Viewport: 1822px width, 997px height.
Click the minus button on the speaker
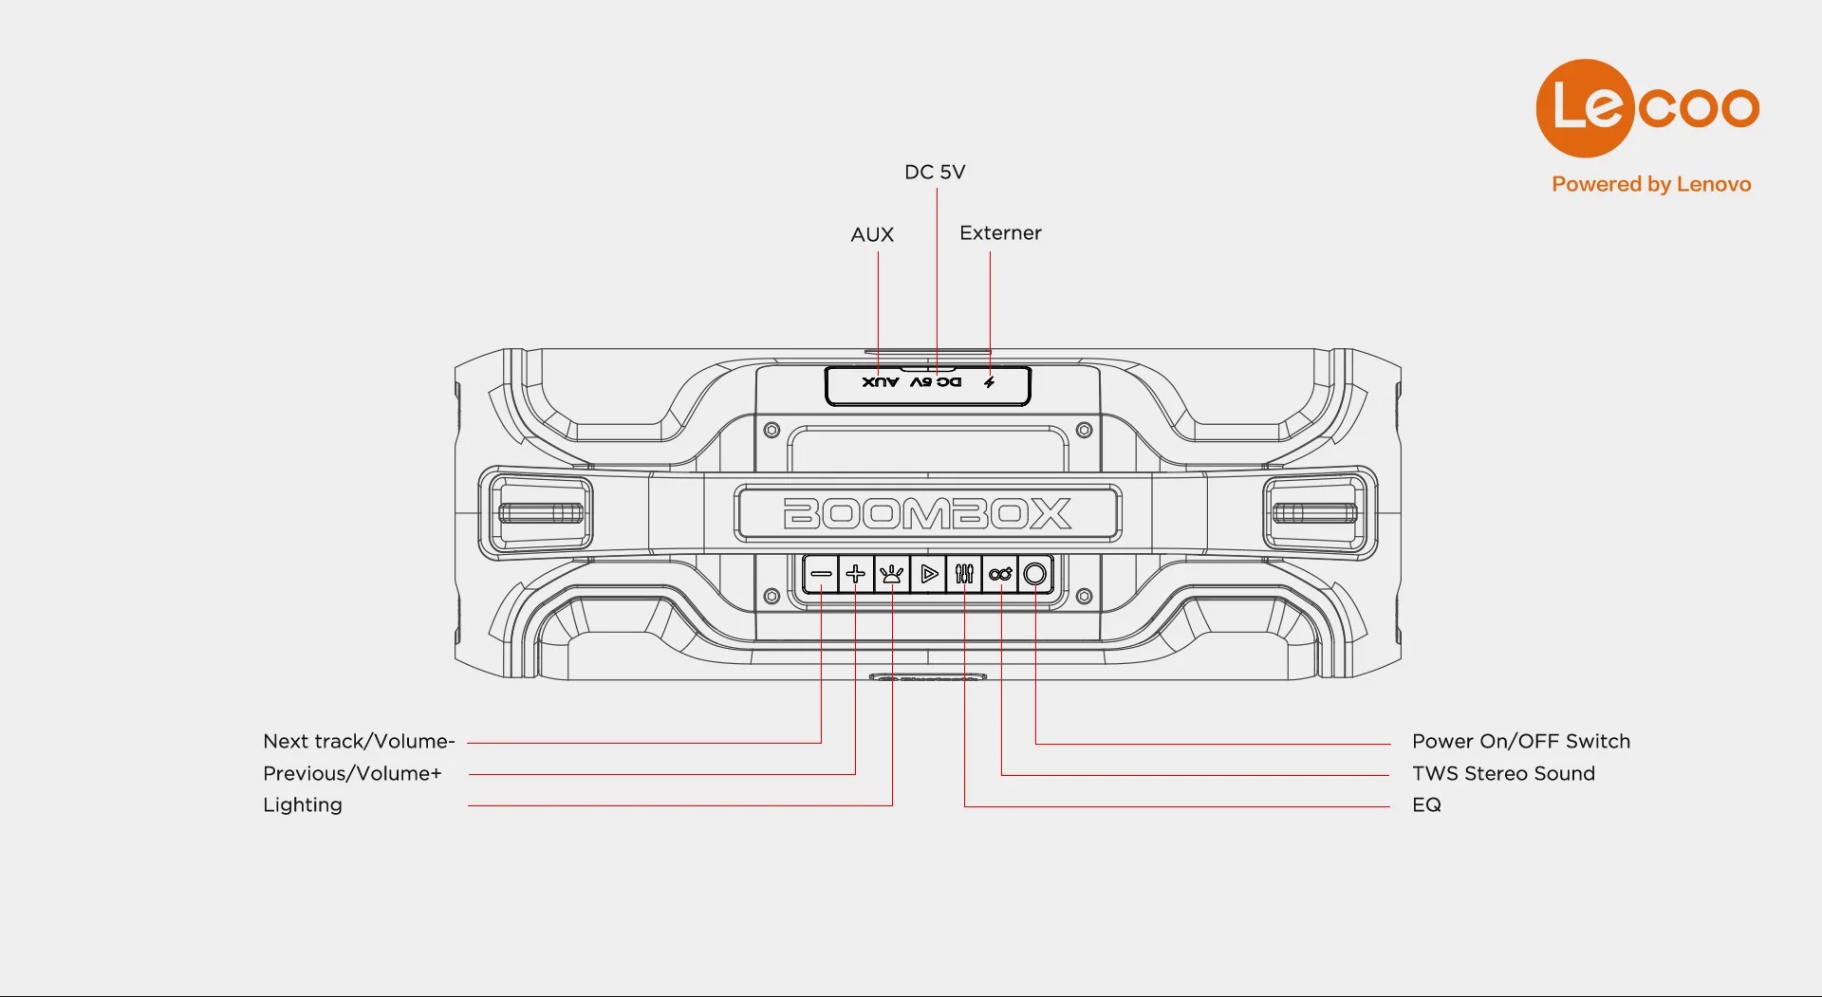click(821, 574)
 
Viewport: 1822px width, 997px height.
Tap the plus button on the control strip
click(855, 574)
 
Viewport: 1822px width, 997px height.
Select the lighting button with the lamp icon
click(891, 574)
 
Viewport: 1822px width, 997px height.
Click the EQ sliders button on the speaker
click(964, 574)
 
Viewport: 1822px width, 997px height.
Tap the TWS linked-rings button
click(1000, 574)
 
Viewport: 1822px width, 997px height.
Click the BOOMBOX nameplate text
click(927, 513)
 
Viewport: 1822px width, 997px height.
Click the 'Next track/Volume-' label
click(359, 741)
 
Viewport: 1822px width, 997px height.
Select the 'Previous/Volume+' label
click(352, 773)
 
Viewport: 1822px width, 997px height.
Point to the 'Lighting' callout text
click(303, 804)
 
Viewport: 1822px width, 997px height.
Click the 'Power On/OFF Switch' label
click(1520, 741)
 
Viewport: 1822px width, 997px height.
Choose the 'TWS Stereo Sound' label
click(1503, 773)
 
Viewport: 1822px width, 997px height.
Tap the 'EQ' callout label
click(1426, 804)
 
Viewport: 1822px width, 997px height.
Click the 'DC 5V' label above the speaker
click(935, 172)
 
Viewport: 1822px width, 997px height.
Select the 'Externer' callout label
click(1000, 232)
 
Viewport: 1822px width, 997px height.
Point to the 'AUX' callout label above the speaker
click(872, 234)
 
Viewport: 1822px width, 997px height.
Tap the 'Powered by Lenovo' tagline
click(1651, 184)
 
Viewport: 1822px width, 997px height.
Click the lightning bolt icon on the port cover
click(989, 382)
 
